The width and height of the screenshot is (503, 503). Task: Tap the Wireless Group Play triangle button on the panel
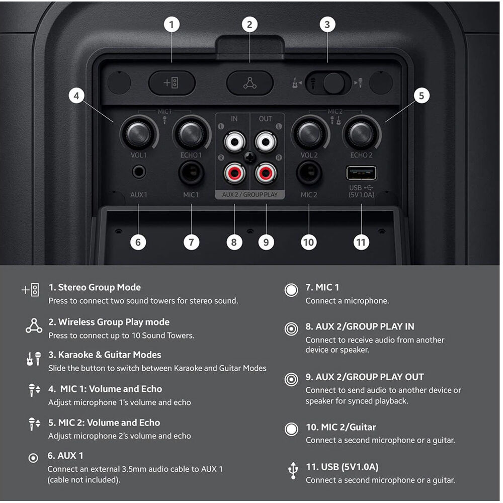[250, 83]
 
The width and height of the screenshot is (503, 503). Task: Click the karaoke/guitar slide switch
[328, 83]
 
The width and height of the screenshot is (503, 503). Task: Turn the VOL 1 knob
[139, 133]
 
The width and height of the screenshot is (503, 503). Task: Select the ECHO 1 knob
[191, 133]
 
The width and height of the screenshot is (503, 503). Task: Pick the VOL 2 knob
[309, 133]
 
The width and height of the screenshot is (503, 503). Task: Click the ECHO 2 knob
[361, 133]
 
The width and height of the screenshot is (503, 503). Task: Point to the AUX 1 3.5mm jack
[139, 172]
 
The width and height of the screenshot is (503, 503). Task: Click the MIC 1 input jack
[191, 173]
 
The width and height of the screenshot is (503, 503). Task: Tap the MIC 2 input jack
[309, 173]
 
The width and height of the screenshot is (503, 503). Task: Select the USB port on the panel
[361, 173]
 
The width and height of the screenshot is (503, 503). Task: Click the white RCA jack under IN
[234, 141]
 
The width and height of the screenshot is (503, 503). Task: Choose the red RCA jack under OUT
[266, 173]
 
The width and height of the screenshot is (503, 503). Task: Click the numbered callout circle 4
[76, 96]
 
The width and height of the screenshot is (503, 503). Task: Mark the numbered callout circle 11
[361, 242]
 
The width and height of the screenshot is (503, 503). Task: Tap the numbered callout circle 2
[249, 24]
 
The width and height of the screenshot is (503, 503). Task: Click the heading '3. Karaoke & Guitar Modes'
[105, 355]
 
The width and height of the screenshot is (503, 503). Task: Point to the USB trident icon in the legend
[293, 471]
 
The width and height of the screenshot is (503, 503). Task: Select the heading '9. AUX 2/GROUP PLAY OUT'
[365, 377]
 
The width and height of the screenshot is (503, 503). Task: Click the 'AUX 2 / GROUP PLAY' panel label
[250, 194]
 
